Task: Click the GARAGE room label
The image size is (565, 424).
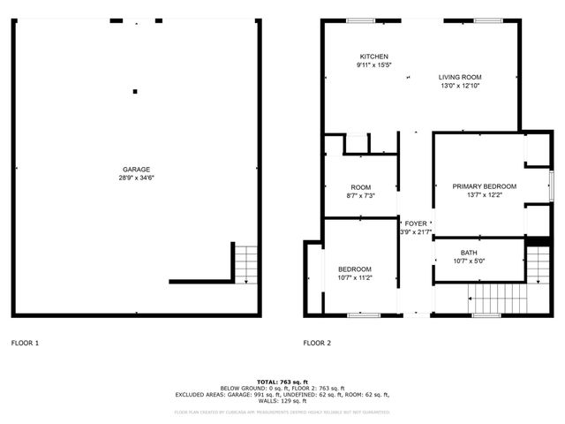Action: (135, 170)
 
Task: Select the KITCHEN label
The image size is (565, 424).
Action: (373, 57)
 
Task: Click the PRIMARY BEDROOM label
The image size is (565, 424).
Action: (484, 186)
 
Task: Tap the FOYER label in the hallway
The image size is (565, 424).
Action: (416, 224)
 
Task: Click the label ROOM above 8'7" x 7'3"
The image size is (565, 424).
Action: (360, 187)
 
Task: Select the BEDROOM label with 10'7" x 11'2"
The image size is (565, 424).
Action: (354, 269)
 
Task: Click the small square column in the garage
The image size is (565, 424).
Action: (135, 90)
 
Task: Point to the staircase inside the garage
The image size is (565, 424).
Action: (246, 262)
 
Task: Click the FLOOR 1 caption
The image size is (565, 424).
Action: (25, 343)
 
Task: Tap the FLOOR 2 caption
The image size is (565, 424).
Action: (317, 343)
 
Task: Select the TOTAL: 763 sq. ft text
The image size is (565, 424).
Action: (282, 380)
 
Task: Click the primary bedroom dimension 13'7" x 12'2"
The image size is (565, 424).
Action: (484, 194)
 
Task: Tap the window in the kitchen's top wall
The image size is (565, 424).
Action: (359, 20)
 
